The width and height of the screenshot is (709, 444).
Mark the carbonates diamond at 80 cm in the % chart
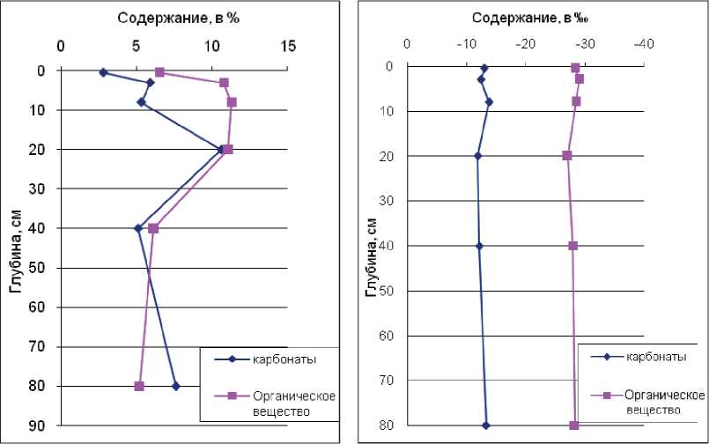coord(176,386)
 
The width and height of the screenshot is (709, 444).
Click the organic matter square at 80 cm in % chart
coord(139,386)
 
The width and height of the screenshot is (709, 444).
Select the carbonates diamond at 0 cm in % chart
coord(103,72)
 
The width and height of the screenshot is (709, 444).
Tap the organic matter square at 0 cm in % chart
coord(159,71)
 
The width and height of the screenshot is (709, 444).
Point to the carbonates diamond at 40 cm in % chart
coord(137,228)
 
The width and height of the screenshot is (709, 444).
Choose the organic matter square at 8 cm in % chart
coord(232,102)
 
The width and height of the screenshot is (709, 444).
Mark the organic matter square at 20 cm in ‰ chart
coord(567,155)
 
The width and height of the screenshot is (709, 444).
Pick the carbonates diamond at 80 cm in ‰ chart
coord(485,425)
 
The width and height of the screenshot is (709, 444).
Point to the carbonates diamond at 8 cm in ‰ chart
coord(489,101)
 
